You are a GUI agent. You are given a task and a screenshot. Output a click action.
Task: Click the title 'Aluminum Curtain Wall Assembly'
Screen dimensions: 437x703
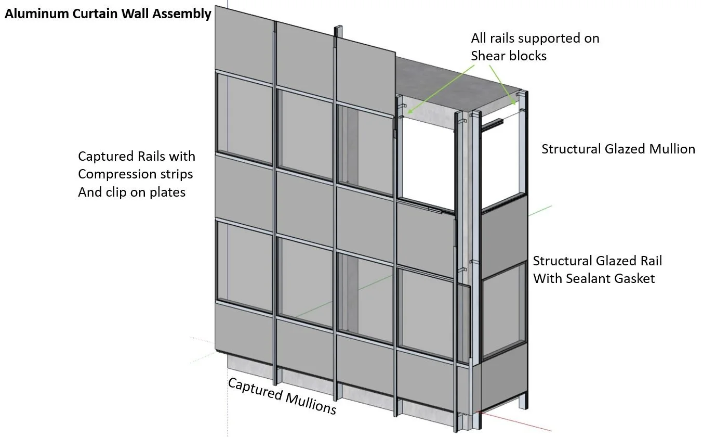108,14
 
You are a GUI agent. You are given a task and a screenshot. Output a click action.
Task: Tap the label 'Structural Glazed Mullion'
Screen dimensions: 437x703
618,149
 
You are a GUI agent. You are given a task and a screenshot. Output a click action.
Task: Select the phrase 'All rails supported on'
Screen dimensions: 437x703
535,38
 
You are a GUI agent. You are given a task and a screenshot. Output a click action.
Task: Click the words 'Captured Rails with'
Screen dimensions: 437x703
137,156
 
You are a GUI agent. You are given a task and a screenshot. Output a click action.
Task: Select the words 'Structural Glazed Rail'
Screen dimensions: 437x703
598,261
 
